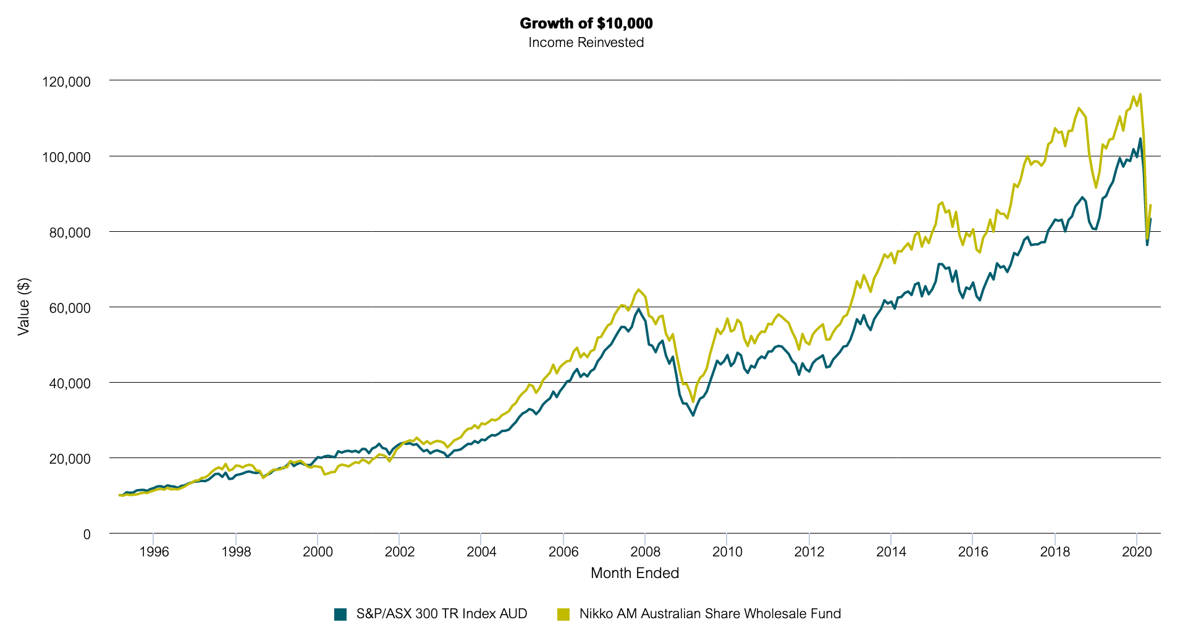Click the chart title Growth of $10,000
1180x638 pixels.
pos(586,23)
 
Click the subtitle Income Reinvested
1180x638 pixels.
pos(586,43)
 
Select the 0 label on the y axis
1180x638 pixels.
pos(86,534)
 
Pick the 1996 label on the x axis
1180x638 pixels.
pos(154,551)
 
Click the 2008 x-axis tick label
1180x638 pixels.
pos(645,551)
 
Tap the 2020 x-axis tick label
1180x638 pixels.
pos(1137,551)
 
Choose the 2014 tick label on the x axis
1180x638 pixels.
pos(891,551)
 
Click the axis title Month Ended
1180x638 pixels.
pos(634,573)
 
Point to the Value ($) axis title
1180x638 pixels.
pos(23,307)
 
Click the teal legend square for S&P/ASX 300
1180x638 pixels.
pos(340,614)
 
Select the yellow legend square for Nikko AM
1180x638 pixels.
pos(563,614)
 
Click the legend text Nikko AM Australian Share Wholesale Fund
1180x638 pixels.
pos(710,614)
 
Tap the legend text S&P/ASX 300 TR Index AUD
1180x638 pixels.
pos(442,614)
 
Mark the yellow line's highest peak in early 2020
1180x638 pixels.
pos(1140,95)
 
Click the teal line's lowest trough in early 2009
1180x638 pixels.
pos(693,415)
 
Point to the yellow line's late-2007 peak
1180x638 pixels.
pos(638,289)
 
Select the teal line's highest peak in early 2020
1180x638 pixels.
pos(1140,139)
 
